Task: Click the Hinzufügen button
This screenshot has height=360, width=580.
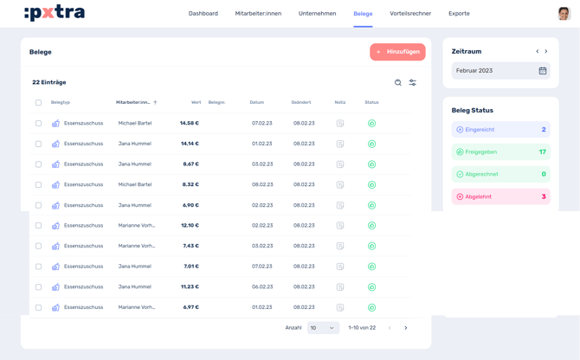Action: point(397,52)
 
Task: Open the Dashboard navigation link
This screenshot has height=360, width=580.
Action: point(203,14)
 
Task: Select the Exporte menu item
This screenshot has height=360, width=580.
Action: point(459,14)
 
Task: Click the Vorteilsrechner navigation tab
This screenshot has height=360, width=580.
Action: point(410,14)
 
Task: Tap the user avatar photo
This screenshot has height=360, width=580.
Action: point(564,14)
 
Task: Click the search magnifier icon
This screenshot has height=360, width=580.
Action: point(398,83)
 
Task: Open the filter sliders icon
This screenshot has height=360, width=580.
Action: point(413,83)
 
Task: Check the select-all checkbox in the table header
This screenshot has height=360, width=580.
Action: point(38,103)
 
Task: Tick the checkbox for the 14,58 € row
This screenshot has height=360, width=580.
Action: point(38,124)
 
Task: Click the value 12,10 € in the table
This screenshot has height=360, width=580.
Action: point(190,226)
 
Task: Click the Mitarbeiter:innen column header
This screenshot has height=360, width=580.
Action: point(134,103)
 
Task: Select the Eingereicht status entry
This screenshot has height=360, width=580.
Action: point(500,130)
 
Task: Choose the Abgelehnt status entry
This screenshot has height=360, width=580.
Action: point(500,196)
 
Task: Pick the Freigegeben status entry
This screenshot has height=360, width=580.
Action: point(500,152)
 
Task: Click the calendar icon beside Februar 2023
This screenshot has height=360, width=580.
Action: point(543,71)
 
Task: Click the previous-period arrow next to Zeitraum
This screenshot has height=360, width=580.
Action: point(538,52)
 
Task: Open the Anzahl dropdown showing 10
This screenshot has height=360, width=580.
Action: point(323,328)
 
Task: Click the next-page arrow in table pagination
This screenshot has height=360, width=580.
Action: point(406,328)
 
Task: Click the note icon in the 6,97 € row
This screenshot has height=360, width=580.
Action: point(340,307)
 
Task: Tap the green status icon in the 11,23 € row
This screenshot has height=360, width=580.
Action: point(371,287)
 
